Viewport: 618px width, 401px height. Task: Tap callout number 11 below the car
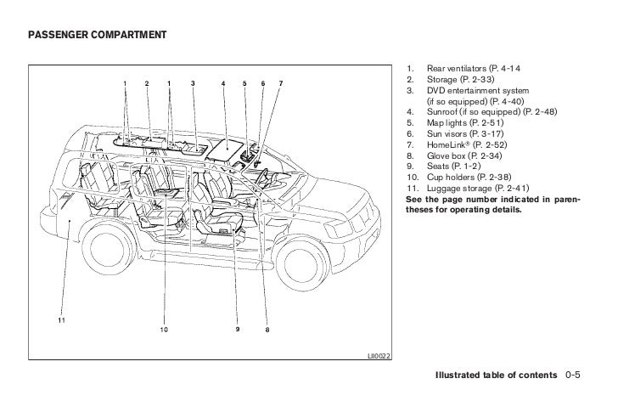(60, 320)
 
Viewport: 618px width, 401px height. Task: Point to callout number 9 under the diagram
(239, 329)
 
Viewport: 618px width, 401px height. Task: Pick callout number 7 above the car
(281, 82)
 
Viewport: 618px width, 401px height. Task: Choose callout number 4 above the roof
(223, 82)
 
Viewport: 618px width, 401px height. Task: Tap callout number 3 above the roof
(193, 82)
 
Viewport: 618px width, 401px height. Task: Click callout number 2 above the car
(146, 82)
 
